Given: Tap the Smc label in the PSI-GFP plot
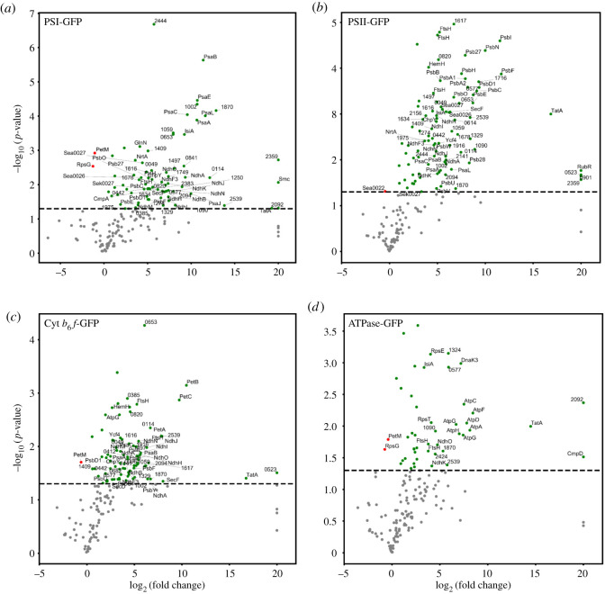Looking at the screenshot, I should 284,180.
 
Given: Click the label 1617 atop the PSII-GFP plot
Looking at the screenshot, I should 460,20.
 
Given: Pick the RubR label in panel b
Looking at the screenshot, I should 584,166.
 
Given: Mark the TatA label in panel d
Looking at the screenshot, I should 537,422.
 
